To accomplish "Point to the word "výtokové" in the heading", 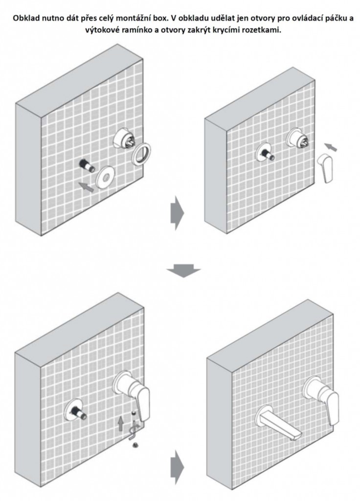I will coord(102,30).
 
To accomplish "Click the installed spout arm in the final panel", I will coord(276,424).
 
